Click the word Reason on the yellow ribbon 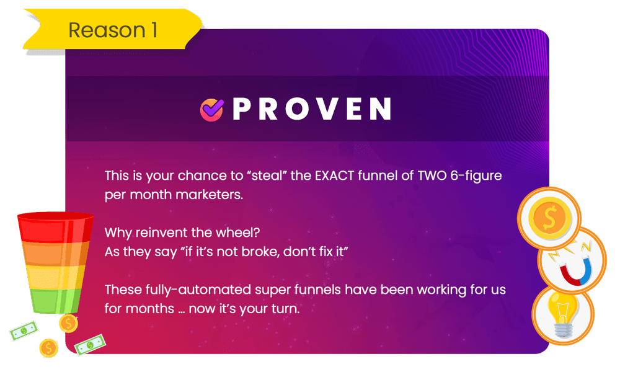click(x=107, y=30)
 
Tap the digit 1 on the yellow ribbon click(x=154, y=30)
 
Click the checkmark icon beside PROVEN click(x=211, y=110)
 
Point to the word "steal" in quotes click(x=267, y=175)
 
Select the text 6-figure click(x=476, y=176)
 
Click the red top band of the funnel click(x=55, y=228)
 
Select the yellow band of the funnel click(x=55, y=277)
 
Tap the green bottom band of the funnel click(x=55, y=301)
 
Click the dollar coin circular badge click(x=549, y=218)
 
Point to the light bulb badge click(x=563, y=315)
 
